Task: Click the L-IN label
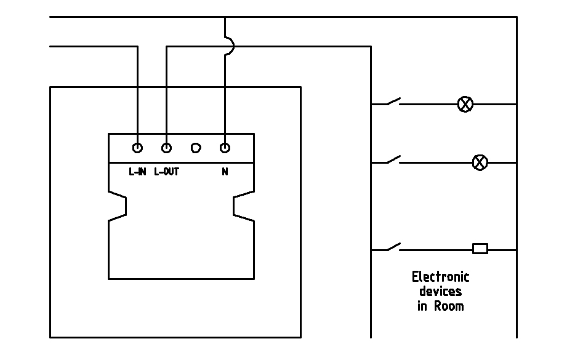[137, 172]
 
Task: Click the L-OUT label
[166, 172]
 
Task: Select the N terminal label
[225, 172]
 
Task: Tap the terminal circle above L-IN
[137, 148]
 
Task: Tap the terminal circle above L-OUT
[166, 148]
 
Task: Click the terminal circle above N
[225, 148]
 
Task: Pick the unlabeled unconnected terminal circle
[196, 148]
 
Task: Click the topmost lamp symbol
[465, 104]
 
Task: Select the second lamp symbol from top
[480, 162]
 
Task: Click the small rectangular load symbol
[480, 249]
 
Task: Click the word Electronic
[440, 277]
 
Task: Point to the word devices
[440, 291]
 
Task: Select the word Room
[449, 305]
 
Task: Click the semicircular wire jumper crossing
[229, 46]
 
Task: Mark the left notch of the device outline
[118, 206]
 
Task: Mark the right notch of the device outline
[243, 206]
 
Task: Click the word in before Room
[422, 305]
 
